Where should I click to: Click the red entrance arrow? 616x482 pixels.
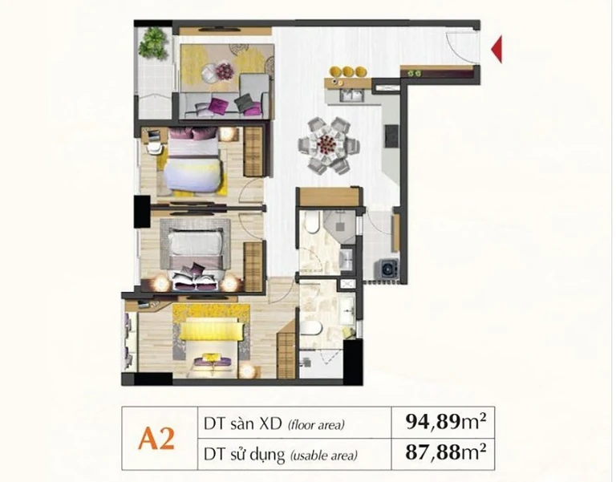point(498,49)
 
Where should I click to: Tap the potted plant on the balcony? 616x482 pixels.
point(154,43)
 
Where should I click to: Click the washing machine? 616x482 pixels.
point(387,269)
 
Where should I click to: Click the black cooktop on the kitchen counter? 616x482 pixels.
point(391,136)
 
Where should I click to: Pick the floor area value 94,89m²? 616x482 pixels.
point(446,422)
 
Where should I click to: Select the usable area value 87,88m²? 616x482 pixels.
point(446,452)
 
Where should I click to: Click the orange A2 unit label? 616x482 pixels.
point(156,439)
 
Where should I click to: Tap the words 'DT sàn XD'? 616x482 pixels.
point(243,423)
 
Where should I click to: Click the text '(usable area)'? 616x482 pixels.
point(324,456)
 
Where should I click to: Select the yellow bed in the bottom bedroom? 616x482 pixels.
point(210,342)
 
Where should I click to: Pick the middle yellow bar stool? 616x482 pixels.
point(347,71)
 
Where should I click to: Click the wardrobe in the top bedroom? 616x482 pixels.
point(253,152)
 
